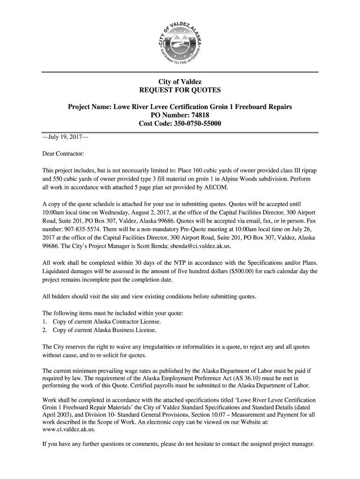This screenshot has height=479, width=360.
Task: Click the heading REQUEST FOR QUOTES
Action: pos(180,90)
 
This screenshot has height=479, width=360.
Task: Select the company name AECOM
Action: pos(217,188)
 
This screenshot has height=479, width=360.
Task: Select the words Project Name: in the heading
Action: pos(89,107)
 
